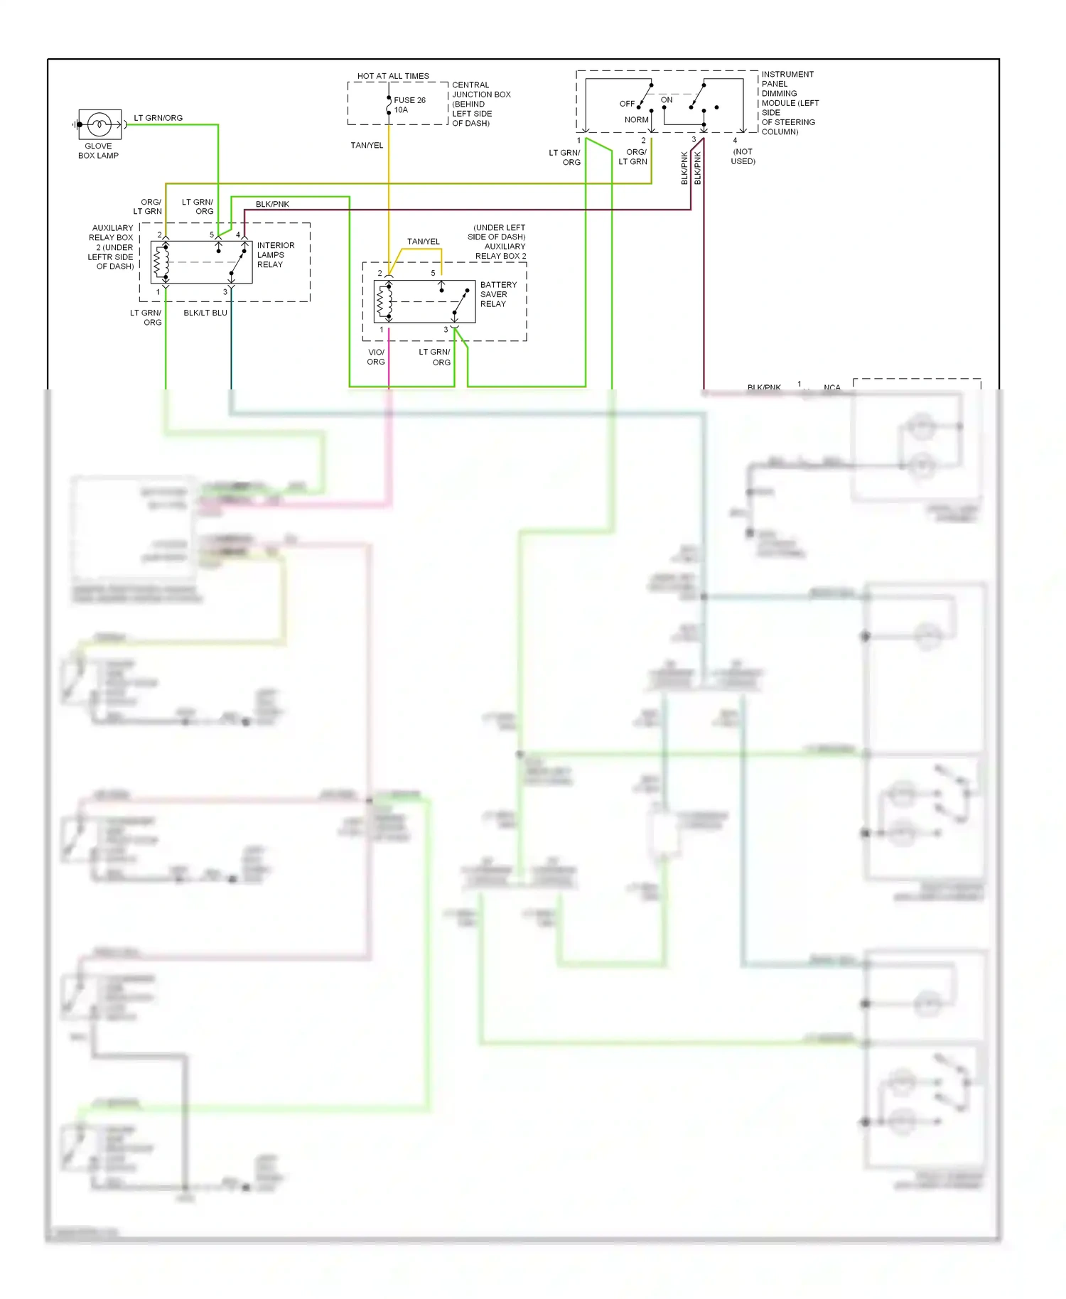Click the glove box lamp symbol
tap(99, 124)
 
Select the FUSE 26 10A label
tap(409, 105)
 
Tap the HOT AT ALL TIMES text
tap(393, 76)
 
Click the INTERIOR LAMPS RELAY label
tap(275, 254)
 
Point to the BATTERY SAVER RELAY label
tap(497, 294)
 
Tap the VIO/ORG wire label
tap(376, 357)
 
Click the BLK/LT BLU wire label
tap(205, 313)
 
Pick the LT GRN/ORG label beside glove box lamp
tap(158, 118)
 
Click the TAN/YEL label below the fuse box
tap(367, 145)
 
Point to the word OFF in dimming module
tap(627, 104)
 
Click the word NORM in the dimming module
tap(636, 120)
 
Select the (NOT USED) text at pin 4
tap(743, 156)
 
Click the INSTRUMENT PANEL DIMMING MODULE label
tap(789, 102)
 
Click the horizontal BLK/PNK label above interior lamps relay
tap(272, 204)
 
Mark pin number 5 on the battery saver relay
tap(433, 273)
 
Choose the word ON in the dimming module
tap(667, 100)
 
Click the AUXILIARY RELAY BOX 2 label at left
tap(112, 247)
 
